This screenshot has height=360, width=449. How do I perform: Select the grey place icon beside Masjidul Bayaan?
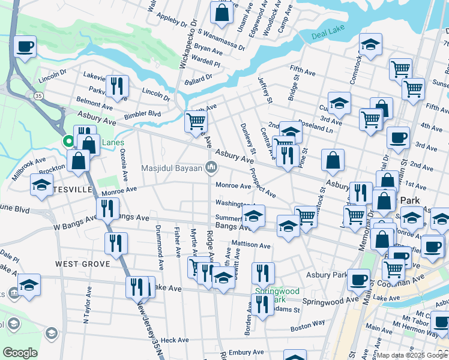pyautogui.click(x=211, y=167)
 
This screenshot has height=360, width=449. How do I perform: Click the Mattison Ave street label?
pyautogui.click(x=252, y=245)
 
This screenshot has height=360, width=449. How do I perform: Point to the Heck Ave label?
pyautogui.click(x=175, y=340)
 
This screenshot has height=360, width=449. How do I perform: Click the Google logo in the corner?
pyautogui.click(x=20, y=353)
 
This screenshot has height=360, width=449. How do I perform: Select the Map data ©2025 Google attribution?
pyautogui.click(x=411, y=355)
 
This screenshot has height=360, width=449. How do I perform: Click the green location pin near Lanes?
pyautogui.click(x=69, y=142)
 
